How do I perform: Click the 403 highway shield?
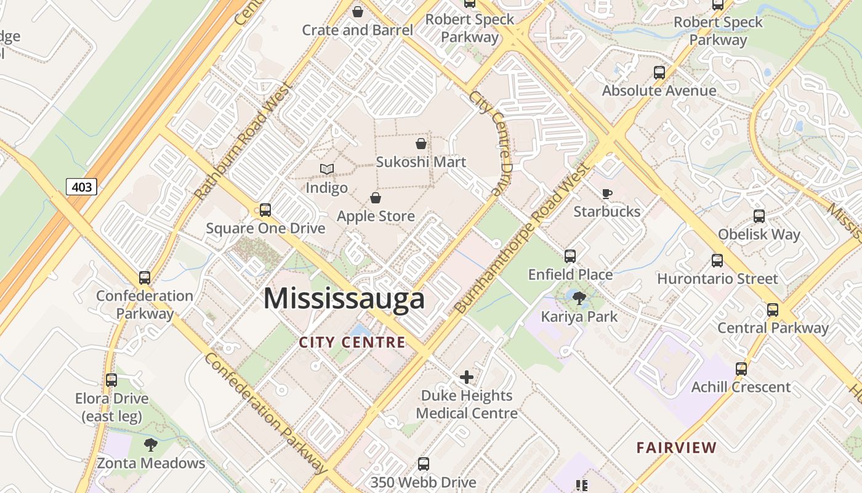(x=81, y=186)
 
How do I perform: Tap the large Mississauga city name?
(x=344, y=299)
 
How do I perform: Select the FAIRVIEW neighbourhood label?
(x=677, y=447)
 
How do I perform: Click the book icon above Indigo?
(x=327, y=169)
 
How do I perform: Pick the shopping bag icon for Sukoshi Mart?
(x=421, y=144)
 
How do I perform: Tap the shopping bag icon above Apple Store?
(x=376, y=198)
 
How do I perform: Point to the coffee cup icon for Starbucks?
(x=607, y=194)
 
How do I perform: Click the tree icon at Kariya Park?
(x=579, y=299)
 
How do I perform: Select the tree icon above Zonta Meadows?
(x=151, y=445)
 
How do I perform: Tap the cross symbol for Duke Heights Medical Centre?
(x=467, y=377)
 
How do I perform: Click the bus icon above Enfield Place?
(x=570, y=256)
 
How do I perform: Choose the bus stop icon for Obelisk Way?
(x=759, y=216)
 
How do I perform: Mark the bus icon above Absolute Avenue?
(x=659, y=73)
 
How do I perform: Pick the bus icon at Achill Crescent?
(x=741, y=369)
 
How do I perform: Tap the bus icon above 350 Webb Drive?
(x=424, y=464)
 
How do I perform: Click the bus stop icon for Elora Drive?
(x=111, y=380)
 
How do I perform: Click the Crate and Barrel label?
(x=357, y=30)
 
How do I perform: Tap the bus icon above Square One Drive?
(x=265, y=210)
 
